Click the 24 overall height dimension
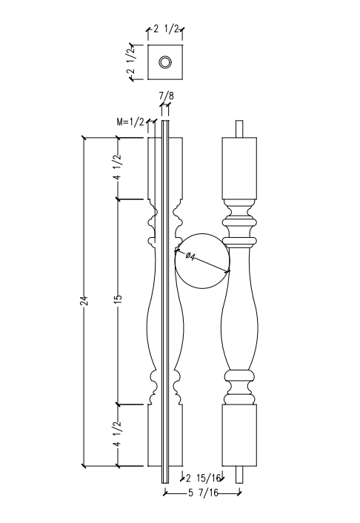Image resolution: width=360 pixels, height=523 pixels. (x=84, y=301)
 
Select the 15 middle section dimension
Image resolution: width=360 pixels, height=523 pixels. (x=118, y=299)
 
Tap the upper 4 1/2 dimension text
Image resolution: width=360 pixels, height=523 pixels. (x=116, y=168)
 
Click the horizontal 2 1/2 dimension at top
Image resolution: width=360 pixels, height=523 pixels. (x=166, y=30)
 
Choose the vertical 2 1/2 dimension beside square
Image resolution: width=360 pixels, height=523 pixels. (x=131, y=62)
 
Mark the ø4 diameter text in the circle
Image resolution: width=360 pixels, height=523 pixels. (x=190, y=256)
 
